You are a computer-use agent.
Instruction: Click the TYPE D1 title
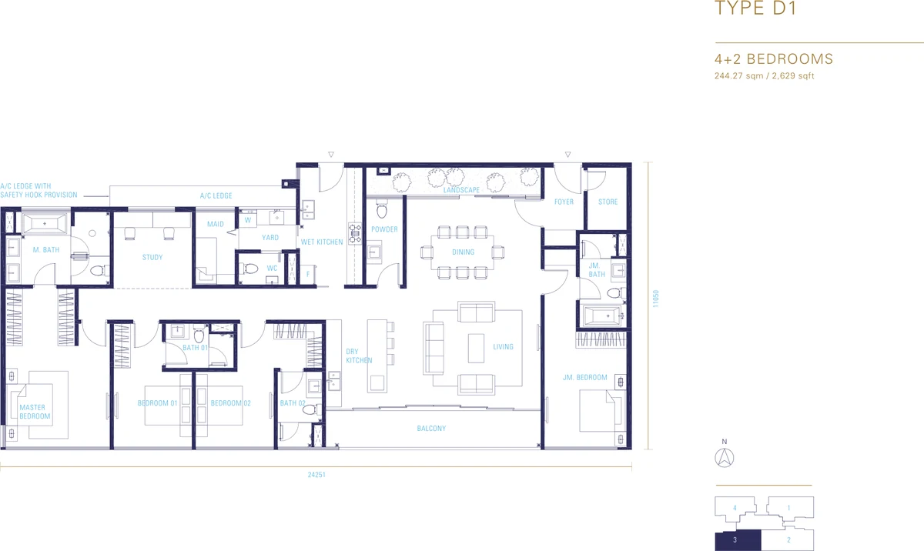click(755, 8)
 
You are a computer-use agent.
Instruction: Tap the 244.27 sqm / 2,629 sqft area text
click(765, 76)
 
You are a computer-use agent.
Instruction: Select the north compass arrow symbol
click(725, 458)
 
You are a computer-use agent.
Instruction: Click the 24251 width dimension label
click(316, 475)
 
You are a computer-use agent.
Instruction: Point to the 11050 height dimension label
click(655, 299)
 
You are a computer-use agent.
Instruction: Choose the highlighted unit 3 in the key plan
click(738, 540)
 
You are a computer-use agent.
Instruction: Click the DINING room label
click(463, 252)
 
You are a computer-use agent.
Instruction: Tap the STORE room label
click(608, 202)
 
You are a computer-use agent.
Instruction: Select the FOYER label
click(564, 202)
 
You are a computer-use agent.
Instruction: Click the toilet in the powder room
click(382, 209)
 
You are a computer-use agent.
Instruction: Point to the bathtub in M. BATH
click(45, 224)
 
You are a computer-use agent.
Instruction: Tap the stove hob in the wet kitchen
click(355, 233)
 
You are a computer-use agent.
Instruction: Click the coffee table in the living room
click(476, 349)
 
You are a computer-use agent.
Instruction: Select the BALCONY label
click(431, 429)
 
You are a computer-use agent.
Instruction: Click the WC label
click(272, 269)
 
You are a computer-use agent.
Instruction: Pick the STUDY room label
click(152, 258)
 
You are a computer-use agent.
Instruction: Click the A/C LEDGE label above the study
click(216, 195)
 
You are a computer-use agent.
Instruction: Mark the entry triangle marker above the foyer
click(568, 155)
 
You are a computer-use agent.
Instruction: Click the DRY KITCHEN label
click(359, 356)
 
